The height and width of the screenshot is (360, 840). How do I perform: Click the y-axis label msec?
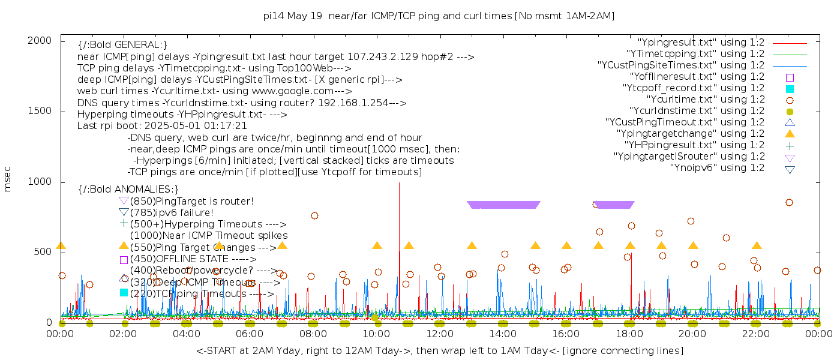pos(7,179)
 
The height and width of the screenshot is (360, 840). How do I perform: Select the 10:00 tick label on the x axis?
pos(376,334)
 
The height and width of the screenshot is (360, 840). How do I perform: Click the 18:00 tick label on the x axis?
pos(629,334)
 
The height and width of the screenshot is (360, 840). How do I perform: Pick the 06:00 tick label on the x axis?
pos(250,334)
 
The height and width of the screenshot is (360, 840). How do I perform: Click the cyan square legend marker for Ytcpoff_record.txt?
pos(790,88)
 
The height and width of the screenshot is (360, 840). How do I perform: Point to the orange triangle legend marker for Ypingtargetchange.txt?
pos(790,134)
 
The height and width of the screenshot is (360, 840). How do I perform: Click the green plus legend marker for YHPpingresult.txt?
pos(790,145)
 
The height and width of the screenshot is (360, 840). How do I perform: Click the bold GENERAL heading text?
pos(122,45)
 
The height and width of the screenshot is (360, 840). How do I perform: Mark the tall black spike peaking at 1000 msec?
pos(399,198)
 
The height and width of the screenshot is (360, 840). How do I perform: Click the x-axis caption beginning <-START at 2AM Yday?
pos(439,350)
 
